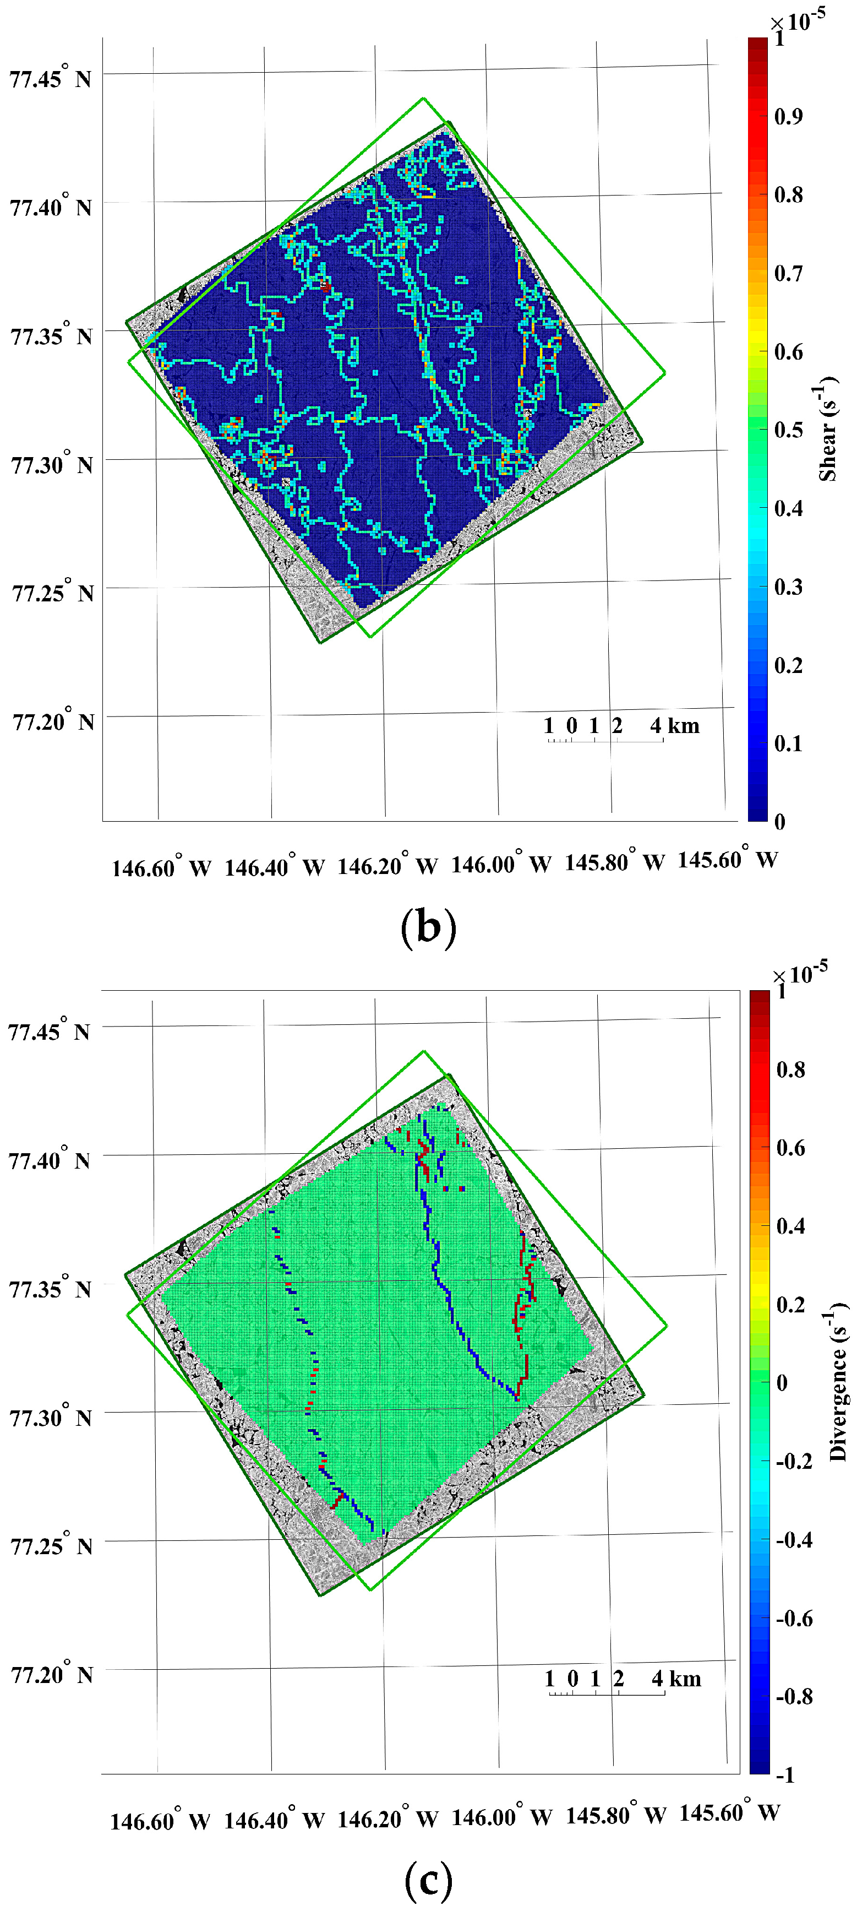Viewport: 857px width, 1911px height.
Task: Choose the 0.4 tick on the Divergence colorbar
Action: click(x=790, y=1225)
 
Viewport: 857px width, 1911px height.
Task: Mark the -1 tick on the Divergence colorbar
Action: click(x=784, y=1774)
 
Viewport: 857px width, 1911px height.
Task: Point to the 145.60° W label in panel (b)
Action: click(x=727, y=860)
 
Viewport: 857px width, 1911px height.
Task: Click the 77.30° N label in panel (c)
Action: click(x=51, y=1418)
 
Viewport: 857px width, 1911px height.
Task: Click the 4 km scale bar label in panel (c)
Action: click(x=676, y=1679)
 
